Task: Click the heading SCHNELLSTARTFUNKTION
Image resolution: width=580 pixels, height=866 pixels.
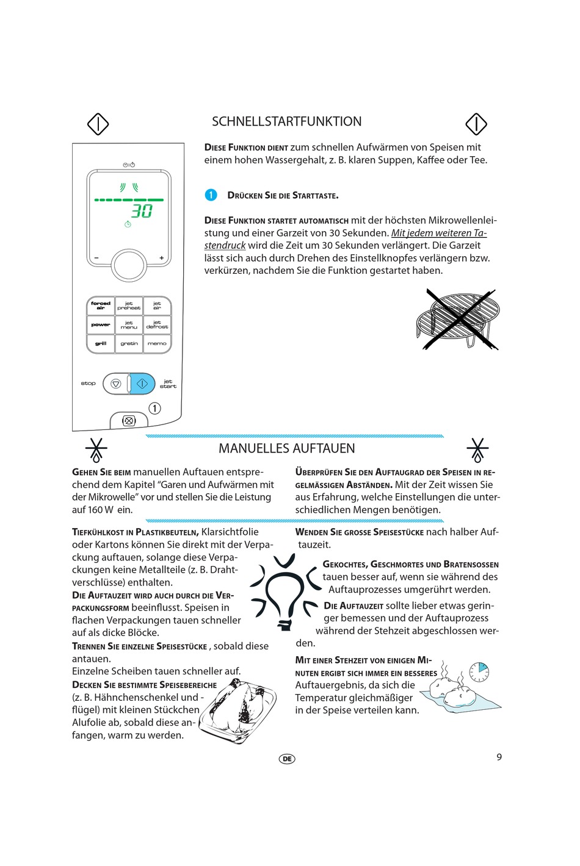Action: [x=286, y=121]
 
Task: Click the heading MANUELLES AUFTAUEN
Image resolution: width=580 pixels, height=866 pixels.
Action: [x=286, y=448]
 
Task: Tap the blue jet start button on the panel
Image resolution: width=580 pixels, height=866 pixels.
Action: [x=142, y=384]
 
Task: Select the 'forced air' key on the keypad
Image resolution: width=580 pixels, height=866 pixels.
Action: [x=101, y=306]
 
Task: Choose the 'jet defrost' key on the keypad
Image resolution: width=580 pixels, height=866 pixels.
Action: [x=157, y=324]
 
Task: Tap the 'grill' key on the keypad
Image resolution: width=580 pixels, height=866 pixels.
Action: [x=101, y=343]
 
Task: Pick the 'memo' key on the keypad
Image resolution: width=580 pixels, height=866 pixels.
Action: [x=157, y=343]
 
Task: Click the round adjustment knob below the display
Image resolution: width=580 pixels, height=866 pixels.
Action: [x=128, y=265]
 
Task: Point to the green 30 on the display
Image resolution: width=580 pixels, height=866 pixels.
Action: [x=142, y=211]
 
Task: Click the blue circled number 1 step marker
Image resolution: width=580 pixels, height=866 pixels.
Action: [x=211, y=195]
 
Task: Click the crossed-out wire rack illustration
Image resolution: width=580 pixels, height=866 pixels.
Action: [x=458, y=320]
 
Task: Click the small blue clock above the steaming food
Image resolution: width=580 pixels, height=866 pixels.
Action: [x=480, y=671]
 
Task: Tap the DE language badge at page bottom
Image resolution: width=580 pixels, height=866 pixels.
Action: [x=287, y=759]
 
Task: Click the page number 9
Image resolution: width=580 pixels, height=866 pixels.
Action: [x=499, y=757]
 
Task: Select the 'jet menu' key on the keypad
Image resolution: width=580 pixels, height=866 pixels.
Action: [x=129, y=324]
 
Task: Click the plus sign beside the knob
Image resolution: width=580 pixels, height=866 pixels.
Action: [x=162, y=258]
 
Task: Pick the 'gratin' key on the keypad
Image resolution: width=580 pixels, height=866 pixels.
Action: [x=129, y=343]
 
